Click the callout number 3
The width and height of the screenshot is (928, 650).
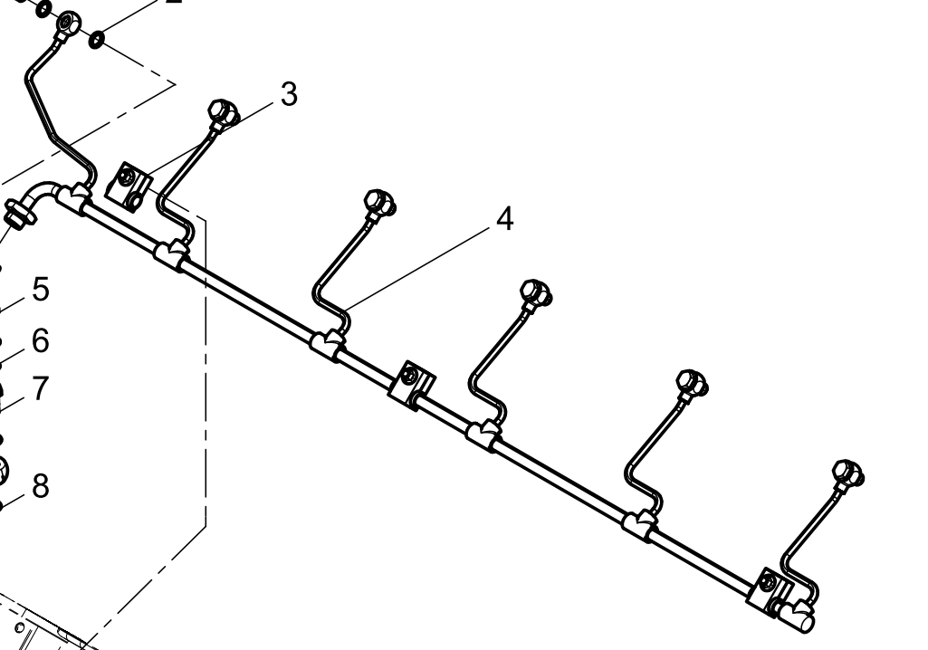(x=288, y=94)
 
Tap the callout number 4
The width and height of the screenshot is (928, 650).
(x=504, y=218)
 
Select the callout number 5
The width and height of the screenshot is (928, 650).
(x=41, y=290)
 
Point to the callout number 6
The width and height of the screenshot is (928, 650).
(x=41, y=341)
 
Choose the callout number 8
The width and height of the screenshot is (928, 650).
(x=41, y=486)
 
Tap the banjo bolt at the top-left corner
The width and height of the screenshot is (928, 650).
(x=68, y=24)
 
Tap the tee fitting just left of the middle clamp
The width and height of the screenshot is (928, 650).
(x=328, y=344)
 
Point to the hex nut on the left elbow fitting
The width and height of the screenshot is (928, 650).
(x=17, y=216)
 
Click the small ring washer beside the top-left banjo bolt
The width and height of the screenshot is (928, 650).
(x=96, y=40)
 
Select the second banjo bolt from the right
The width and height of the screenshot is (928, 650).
(x=693, y=383)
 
